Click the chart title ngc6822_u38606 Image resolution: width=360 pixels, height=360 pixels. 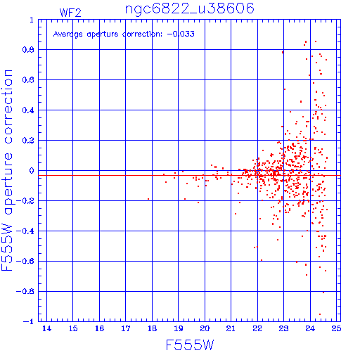tap(190, 8)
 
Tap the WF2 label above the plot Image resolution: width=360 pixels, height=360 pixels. tap(70, 13)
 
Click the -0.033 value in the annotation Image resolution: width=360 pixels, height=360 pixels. tap(181, 34)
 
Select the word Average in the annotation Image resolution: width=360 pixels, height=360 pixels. tap(68, 34)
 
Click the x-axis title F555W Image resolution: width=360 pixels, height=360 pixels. tap(190, 345)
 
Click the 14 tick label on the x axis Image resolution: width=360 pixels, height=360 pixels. tap(46, 328)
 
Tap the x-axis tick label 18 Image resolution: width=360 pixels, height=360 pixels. tap(152, 328)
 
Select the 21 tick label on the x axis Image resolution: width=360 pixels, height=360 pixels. tap(231, 328)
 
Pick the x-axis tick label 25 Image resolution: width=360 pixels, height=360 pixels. tap(336, 328)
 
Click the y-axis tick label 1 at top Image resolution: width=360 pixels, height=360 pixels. tap(32, 20)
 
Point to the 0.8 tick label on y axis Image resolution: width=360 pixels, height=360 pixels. tap(28, 50)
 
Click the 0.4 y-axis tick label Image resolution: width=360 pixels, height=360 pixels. tap(28, 110)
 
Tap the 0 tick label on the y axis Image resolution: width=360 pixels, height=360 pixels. tap(32, 171)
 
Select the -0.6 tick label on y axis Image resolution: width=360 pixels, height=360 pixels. tap(25, 261)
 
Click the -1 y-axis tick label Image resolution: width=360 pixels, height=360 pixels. tap(29, 321)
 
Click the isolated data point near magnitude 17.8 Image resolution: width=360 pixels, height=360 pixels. tap(148, 199)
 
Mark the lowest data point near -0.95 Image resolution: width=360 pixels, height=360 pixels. tap(320, 314)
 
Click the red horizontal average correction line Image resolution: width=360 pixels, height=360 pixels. tap(189, 175)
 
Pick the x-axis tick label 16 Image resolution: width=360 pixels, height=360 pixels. tap(99, 328)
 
